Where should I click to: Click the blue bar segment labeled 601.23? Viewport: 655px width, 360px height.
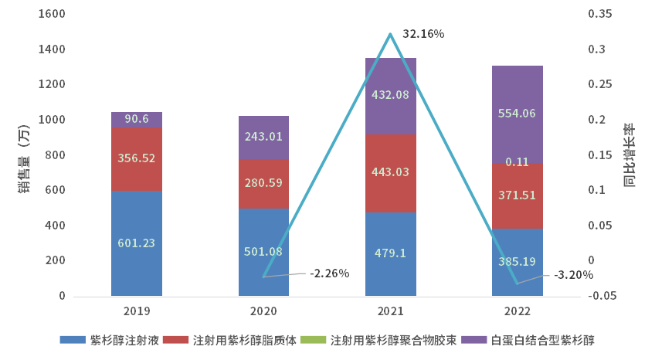137,243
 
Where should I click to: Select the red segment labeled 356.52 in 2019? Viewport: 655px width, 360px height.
137,158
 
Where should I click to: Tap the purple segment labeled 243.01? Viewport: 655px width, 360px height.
263,137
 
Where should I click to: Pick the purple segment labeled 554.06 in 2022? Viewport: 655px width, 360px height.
518,114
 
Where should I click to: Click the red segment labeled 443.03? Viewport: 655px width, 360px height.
390,174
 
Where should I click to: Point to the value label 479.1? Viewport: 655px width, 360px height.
390,252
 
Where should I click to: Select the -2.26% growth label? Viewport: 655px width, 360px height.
329,273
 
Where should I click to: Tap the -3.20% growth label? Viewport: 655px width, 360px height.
573,274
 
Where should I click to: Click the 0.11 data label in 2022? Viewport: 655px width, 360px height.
518,162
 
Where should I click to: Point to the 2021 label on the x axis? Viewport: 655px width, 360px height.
390,311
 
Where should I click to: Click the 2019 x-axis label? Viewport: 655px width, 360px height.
137,311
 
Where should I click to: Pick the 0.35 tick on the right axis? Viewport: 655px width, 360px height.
599,14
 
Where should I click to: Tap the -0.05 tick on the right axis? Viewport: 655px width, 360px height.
602,295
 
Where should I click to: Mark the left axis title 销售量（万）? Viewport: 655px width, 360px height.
24,155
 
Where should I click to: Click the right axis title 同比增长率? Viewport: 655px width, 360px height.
629,155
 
